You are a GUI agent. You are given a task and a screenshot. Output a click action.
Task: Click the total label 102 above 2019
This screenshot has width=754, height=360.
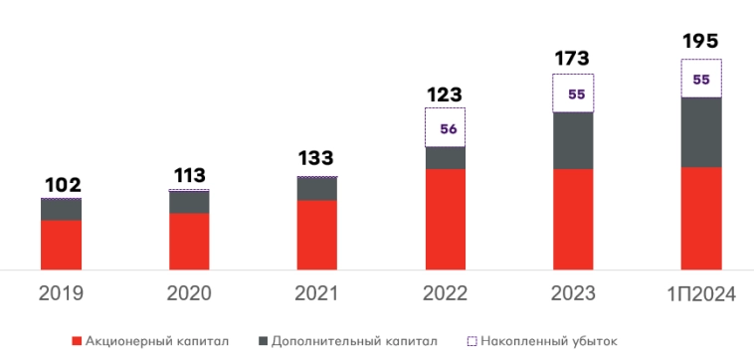tap(62, 185)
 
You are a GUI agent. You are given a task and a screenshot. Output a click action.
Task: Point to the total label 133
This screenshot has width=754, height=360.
tap(316, 158)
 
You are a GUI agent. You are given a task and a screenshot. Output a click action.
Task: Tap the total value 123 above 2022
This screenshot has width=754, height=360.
tap(445, 95)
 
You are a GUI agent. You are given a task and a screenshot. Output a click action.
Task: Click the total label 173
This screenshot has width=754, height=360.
tap(573, 60)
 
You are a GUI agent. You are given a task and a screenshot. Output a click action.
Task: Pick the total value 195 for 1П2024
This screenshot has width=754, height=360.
tap(700, 42)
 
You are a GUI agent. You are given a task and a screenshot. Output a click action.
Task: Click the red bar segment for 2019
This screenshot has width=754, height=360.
tap(62, 244)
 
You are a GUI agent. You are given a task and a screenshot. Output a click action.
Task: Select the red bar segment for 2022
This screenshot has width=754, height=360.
tap(445, 219)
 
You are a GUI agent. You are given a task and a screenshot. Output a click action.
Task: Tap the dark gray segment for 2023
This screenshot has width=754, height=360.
tap(573, 140)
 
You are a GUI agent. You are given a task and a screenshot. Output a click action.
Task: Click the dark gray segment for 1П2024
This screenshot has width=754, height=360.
tap(700, 131)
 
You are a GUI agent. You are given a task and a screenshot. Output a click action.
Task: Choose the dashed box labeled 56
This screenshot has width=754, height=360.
tap(445, 127)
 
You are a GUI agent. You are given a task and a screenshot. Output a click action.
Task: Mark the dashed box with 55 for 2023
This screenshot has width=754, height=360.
tap(573, 93)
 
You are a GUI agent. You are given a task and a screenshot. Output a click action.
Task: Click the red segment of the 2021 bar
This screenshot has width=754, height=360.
tap(316, 235)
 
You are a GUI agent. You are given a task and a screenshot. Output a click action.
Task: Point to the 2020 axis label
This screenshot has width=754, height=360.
tap(189, 293)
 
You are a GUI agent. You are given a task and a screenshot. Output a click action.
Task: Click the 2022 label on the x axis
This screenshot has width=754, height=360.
tap(445, 293)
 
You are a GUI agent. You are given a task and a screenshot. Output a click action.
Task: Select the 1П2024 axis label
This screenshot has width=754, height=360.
tap(700, 294)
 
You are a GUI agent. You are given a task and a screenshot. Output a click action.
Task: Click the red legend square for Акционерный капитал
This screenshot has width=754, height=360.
tap(77, 341)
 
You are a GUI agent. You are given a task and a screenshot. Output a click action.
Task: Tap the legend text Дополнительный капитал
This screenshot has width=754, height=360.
tap(353, 341)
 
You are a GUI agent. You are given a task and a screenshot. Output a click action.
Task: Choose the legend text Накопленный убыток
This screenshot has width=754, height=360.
tap(548, 341)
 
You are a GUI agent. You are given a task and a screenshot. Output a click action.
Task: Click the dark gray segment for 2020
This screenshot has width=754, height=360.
tap(189, 202)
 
